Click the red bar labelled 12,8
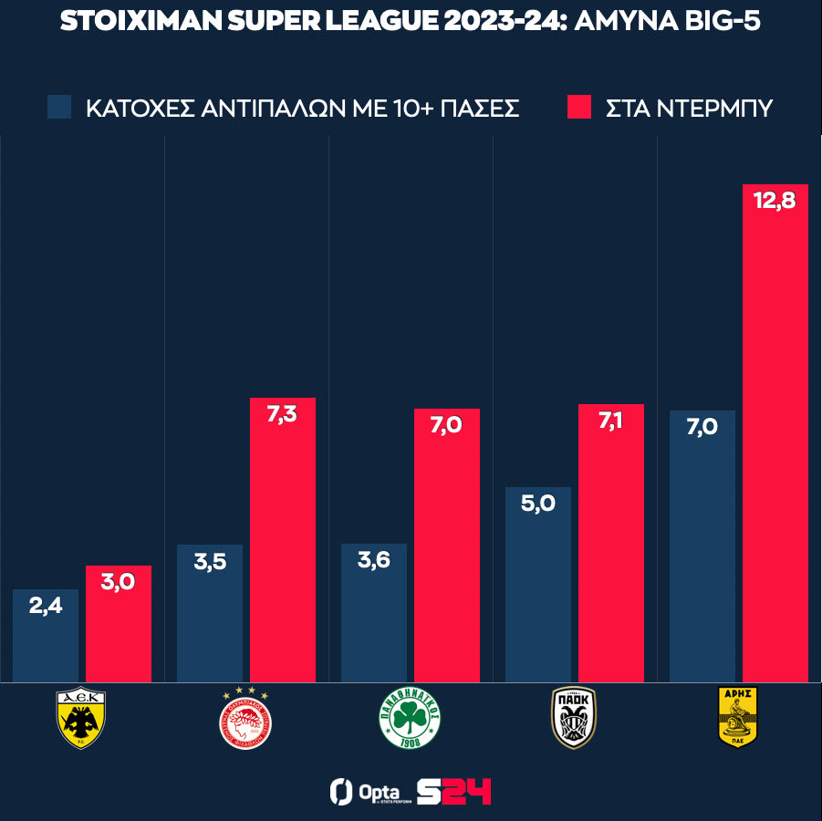[775, 438]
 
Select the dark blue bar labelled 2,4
[46, 639]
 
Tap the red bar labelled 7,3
[283, 547]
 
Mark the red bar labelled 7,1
[611, 547]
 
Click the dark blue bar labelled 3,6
[374, 620]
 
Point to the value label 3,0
[119, 582]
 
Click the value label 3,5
[210, 561]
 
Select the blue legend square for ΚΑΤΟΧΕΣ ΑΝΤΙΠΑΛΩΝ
[59, 108]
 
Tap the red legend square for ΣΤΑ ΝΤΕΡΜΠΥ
[579, 108]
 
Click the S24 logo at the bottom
[453, 791]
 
